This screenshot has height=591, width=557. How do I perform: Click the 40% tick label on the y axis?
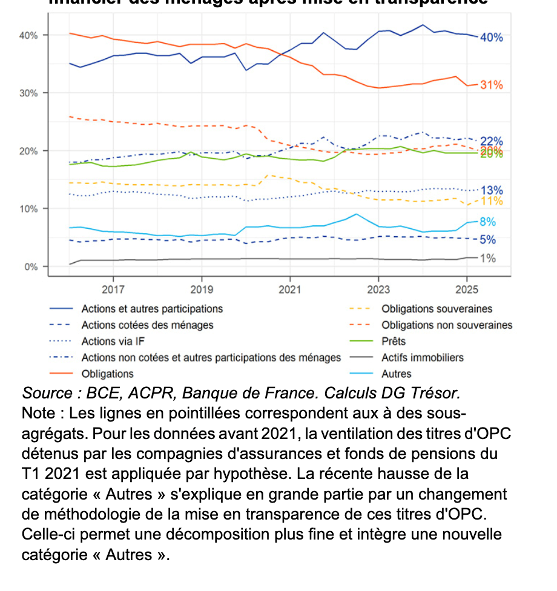pos(30,35)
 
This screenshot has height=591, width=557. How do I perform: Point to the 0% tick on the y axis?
pos(31,266)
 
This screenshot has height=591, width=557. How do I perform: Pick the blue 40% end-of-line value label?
pos(491,38)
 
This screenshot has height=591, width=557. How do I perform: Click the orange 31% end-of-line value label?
pos(491,85)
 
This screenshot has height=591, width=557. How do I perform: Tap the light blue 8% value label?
pos(488,222)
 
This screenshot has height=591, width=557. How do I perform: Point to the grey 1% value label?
pos(488,259)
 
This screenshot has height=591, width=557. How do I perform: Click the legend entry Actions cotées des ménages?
pos(147,325)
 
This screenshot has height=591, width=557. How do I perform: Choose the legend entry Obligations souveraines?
pos(437,309)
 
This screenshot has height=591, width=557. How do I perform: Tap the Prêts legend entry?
pos(394,342)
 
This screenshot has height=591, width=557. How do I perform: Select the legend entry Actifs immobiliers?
pos(422,358)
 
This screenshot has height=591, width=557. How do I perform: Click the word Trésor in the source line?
pos(435,393)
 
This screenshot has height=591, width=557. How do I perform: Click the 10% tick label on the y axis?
pos(30,209)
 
